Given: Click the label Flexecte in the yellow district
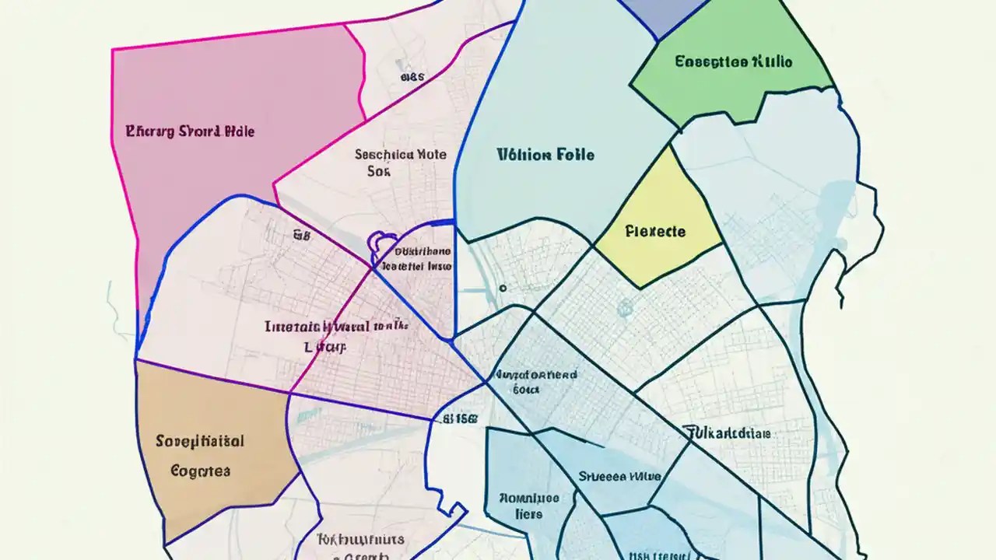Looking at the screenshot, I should point(655,232).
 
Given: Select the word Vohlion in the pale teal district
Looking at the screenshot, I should point(524,155).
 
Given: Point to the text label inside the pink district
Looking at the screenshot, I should point(190,131).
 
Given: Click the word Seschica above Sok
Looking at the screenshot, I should point(384,155).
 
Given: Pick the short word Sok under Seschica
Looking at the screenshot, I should point(378,171).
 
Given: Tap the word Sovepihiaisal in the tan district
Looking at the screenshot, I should point(200,442).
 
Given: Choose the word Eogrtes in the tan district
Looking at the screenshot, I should point(200,471).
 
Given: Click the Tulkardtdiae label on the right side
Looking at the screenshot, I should point(727,433).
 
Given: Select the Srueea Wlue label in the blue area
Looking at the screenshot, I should point(619,476).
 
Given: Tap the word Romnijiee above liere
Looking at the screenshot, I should point(528,498).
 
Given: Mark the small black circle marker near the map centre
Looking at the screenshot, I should point(503,288).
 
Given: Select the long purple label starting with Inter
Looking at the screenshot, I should point(336,327).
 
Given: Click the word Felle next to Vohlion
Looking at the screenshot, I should point(576,155).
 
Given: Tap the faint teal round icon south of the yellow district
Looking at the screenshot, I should point(624,309).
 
